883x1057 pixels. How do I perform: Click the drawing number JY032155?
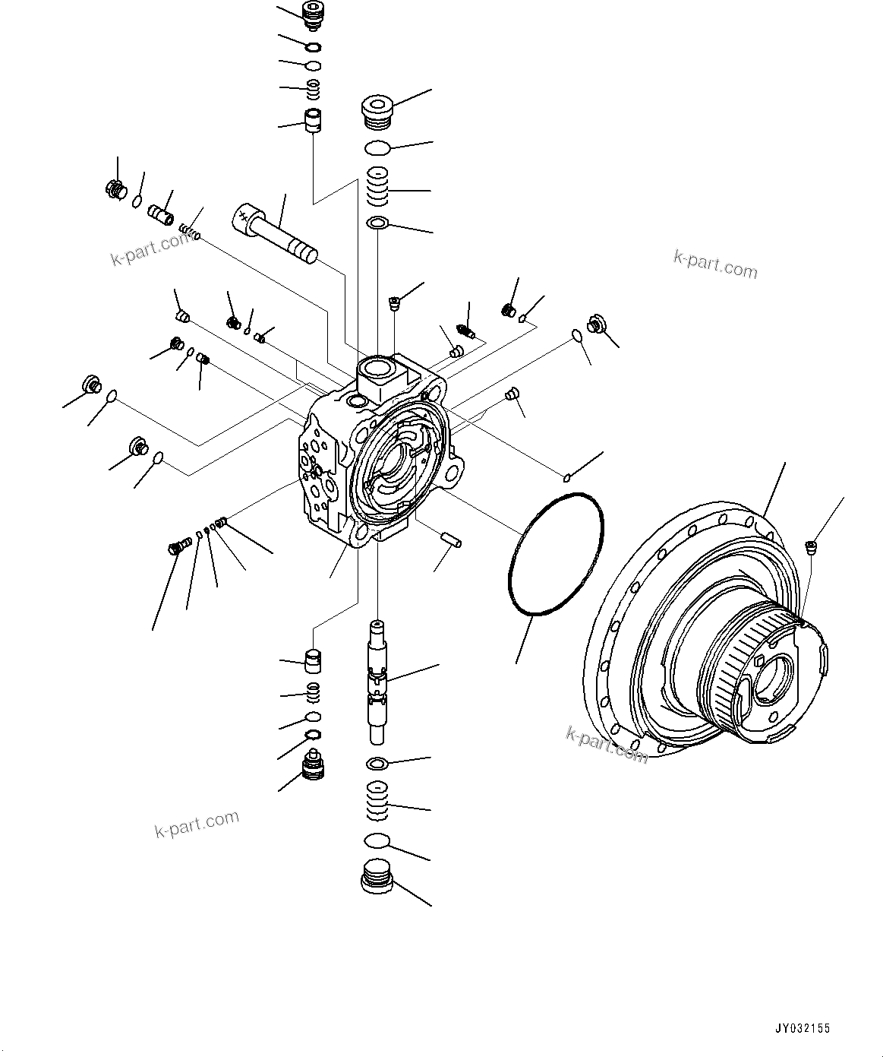click(801, 1028)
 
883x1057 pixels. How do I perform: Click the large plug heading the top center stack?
click(376, 110)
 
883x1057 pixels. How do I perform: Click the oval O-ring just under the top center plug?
click(377, 147)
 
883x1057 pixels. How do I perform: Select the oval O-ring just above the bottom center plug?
click(377, 840)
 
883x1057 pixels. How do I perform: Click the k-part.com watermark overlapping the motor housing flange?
click(607, 744)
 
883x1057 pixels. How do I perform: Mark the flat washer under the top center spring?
click(377, 223)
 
